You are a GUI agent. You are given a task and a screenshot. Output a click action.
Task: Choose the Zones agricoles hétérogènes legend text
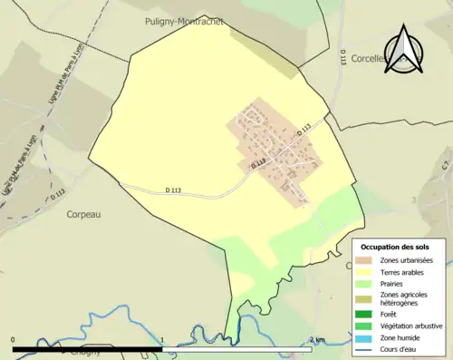(404, 298)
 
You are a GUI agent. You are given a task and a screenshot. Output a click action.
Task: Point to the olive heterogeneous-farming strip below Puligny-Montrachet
(264, 52)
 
